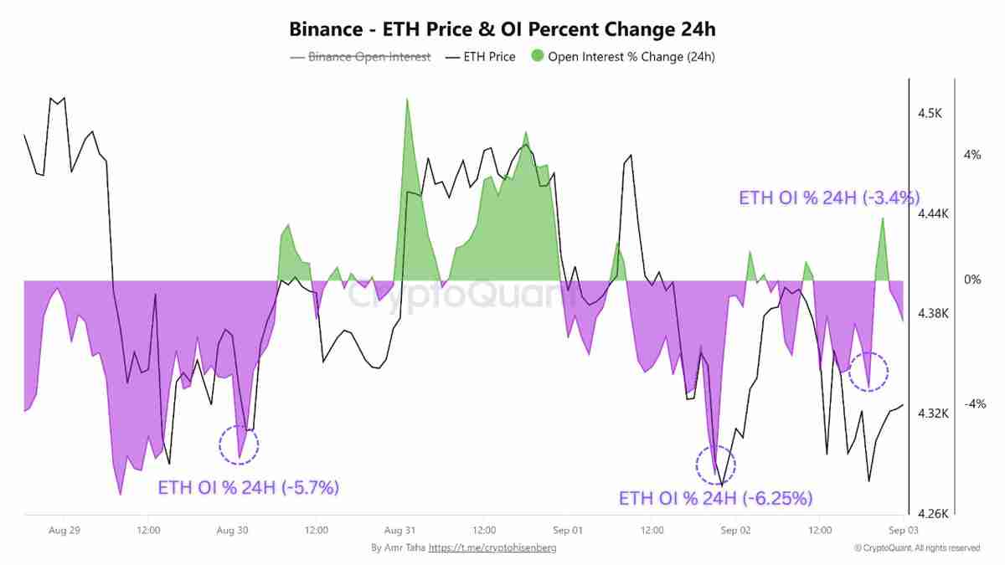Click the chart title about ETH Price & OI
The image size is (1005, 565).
502,29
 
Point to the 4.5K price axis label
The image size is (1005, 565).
929,113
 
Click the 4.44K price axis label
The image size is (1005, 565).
932,213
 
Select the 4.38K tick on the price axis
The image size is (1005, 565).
932,314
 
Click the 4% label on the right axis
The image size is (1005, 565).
971,155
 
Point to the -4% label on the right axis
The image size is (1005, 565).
974,404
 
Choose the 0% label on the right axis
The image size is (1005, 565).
971,280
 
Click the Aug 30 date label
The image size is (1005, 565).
232,530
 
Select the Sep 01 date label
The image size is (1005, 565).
567,530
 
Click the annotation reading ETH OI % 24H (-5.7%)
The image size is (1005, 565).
249,487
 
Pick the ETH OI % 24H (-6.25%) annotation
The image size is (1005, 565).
716,499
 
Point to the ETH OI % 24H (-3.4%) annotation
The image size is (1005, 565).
829,198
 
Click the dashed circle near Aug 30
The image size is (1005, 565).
240,444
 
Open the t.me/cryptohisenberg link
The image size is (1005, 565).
492,547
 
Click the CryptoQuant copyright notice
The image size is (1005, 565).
917,547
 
